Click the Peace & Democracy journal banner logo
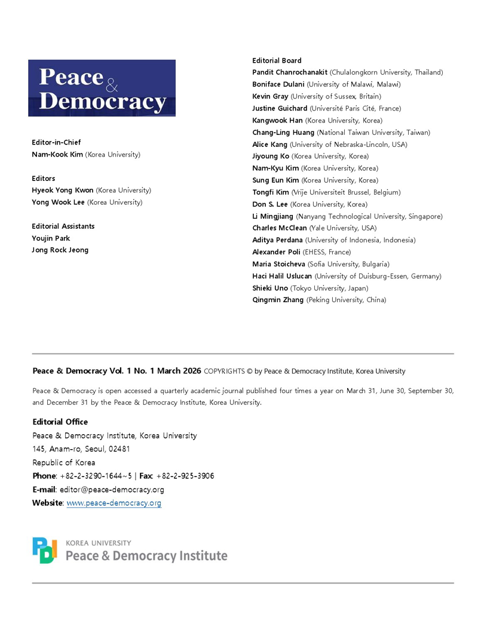pyautogui.click(x=102, y=88)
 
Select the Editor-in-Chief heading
pyautogui.click(x=56, y=143)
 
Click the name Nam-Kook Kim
pyautogui.click(x=57, y=155)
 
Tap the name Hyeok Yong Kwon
pyautogui.click(x=63, y=191)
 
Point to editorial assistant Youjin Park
pyautogui.click(x=51, y=238)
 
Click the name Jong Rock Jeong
pyautogui.click(x=60, y=250)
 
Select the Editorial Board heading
pyautogui.click(x=277, y=60)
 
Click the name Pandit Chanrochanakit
pyautogui.click(x=290, y=72)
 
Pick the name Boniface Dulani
pyautogui.click(x=278, y=84)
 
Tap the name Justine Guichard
pyautogui.click(x=280, y=108)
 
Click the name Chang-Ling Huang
pyautogui.click(x=284, y=132)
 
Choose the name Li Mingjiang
pyautogui.click(x=273, y=216)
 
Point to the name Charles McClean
pyautogui.click(x=280, y=228)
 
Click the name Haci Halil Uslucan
pyautogui.click(x=283, y=276)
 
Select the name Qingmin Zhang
pyautogui.click(x=278, y=300)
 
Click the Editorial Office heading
pyautogui.click(x=60, y=422)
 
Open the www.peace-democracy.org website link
pyautogui.click(x=114, y=503)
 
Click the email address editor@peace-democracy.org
pyautogui.click(x=112, y=490)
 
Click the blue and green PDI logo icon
pyautogui.click(x=45, y=550)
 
